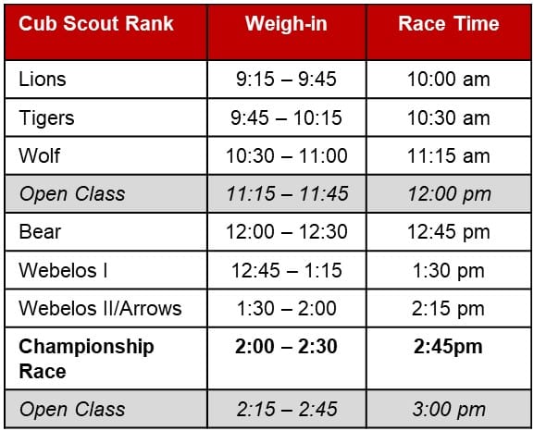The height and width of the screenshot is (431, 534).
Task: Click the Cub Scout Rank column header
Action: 96,23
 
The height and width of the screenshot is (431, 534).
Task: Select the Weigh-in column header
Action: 286,23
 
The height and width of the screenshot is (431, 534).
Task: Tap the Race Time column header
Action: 449,23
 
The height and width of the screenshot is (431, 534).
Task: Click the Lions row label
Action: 43,79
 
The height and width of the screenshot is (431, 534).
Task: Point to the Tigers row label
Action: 46,118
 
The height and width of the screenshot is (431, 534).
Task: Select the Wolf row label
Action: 40,155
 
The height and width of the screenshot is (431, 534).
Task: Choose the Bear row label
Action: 40,232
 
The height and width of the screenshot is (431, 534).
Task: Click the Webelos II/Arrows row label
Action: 100,308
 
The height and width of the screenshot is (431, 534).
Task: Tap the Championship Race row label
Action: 86,359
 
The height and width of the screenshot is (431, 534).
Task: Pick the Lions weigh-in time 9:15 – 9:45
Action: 286,79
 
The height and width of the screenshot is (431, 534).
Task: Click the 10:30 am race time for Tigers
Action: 449,117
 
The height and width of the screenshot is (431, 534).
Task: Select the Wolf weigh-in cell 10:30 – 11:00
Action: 286,155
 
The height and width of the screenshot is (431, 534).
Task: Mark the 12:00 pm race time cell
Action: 449,194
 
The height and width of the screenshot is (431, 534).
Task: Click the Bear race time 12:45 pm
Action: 449,232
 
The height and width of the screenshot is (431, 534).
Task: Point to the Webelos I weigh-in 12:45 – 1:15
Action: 286,270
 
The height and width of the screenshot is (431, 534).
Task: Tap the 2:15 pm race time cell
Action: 448,309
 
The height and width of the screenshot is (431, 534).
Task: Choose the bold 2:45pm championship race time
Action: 448,347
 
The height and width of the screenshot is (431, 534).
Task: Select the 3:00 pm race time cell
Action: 449,410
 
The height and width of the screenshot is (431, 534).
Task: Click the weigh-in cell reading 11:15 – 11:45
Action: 287,193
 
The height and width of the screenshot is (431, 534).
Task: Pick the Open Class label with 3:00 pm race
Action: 72,410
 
